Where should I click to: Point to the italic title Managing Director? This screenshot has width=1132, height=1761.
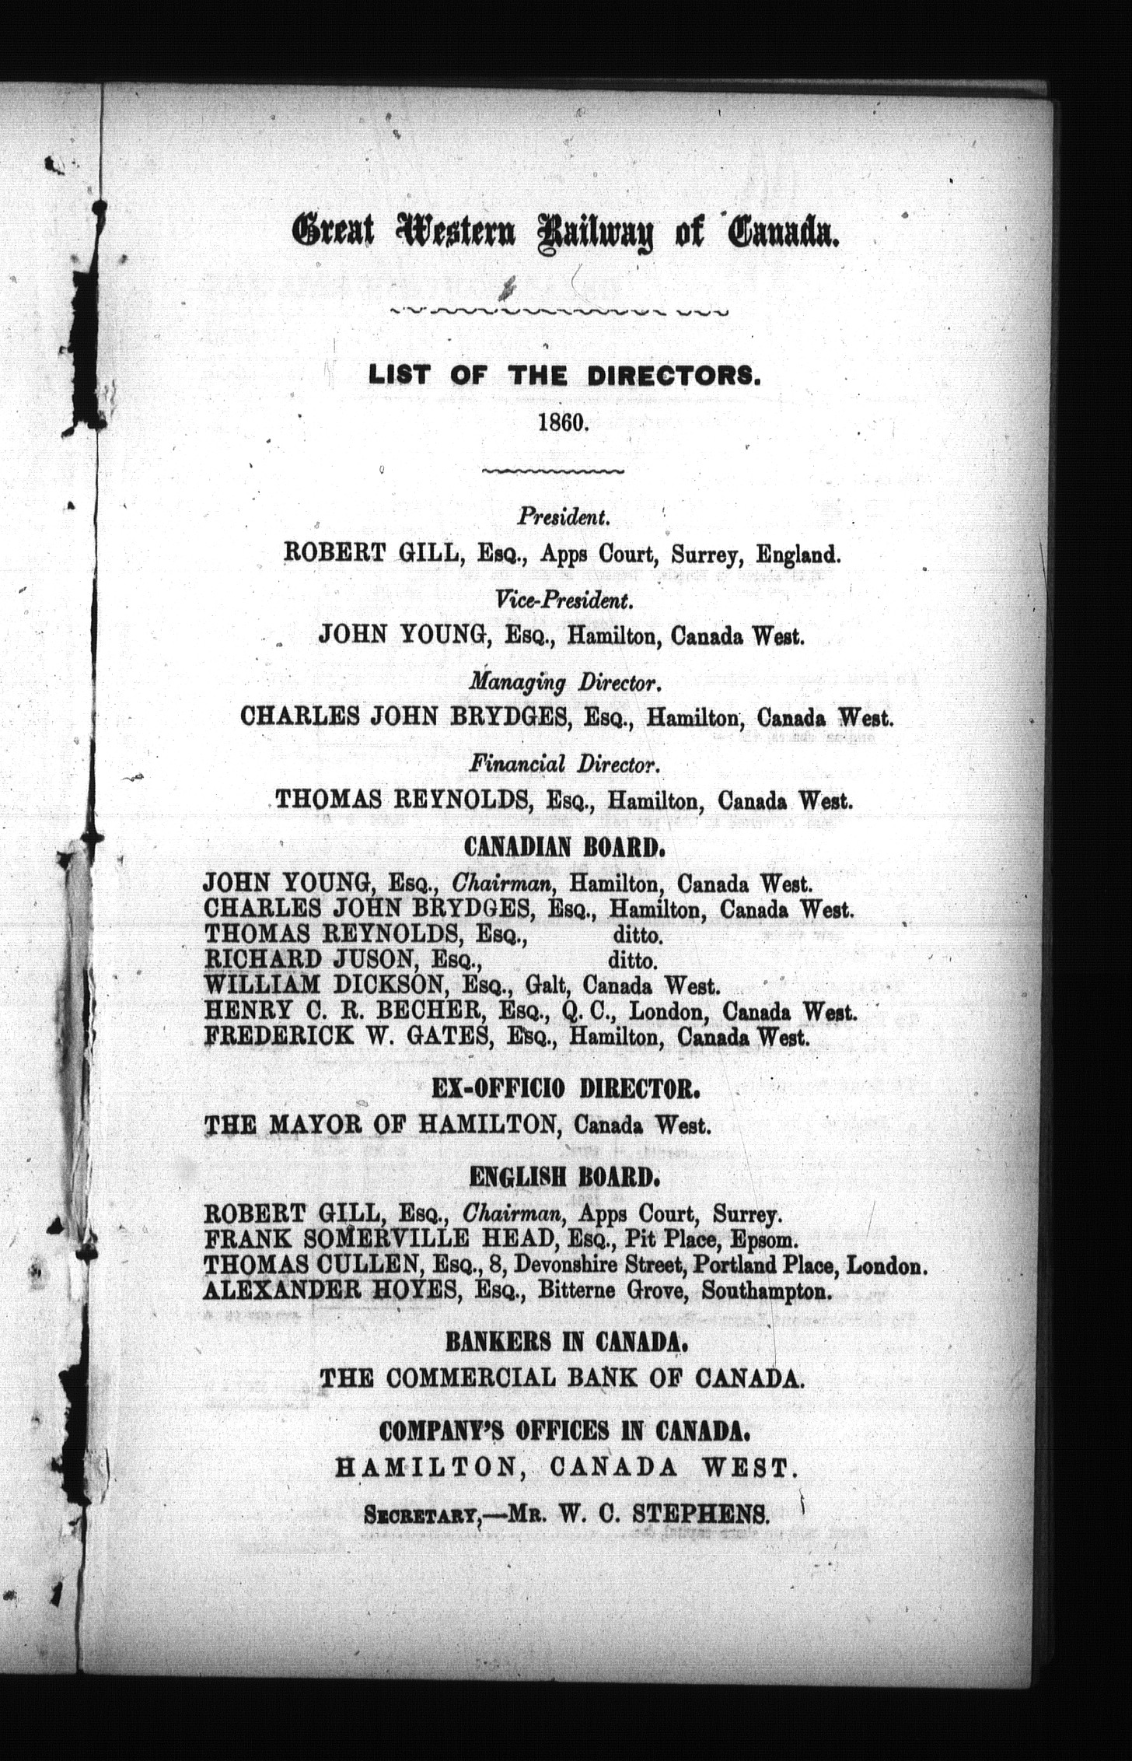pyautogui.click(x=565, y=683)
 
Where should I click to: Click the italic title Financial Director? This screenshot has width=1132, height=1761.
pyautogui.click(x=565, y=765)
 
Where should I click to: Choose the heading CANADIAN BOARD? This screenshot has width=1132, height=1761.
pyautogui.click(x=564, y=847)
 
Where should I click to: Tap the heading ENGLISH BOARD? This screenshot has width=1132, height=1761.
pyautogui.click(x=565, y=1179)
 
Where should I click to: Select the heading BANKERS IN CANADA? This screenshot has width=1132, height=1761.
pyautogui.click(x=565, y=1342)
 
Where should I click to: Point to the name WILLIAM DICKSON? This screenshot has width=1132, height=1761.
pyautogui.click(x=325, y=986)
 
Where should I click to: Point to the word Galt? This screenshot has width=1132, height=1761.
pyautogui.click(x=549, y=986)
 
